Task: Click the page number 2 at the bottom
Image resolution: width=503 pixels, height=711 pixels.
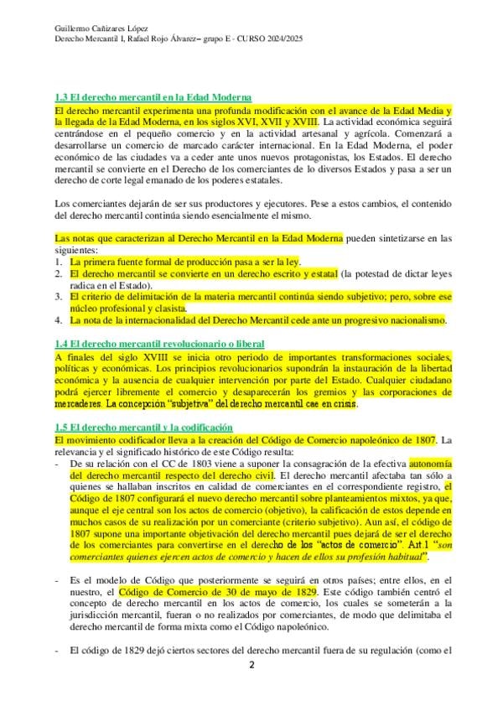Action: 250,666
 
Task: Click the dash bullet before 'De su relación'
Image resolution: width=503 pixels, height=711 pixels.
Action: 56,463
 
